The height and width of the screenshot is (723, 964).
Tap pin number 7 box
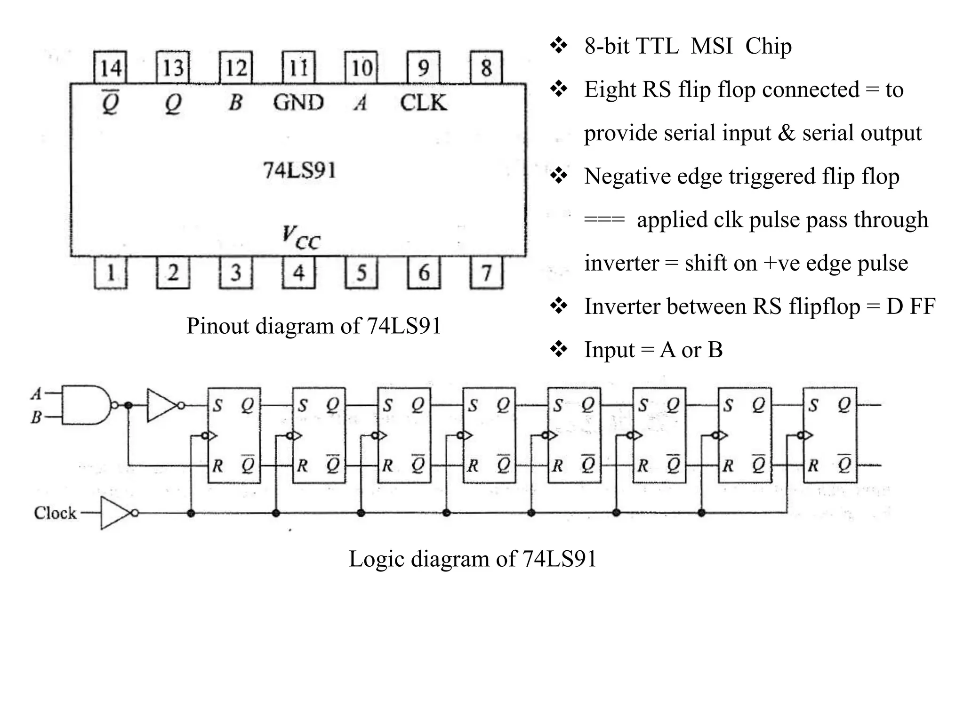point(486,273)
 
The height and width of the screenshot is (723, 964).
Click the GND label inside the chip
point(298,103)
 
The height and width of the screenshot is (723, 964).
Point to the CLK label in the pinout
point(423,103)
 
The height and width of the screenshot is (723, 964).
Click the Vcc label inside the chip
point(301,238)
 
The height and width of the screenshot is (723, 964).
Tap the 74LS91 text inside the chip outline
point(299,170)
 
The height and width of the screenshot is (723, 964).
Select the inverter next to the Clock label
point(117,513)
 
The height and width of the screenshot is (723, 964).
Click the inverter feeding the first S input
point(162,405)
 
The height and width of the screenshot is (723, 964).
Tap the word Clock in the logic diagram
point(55,513)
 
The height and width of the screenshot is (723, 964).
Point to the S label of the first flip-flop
point(217,405)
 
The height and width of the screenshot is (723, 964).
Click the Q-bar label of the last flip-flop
point(844,464)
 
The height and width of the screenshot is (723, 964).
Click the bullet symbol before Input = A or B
point(559,350)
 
